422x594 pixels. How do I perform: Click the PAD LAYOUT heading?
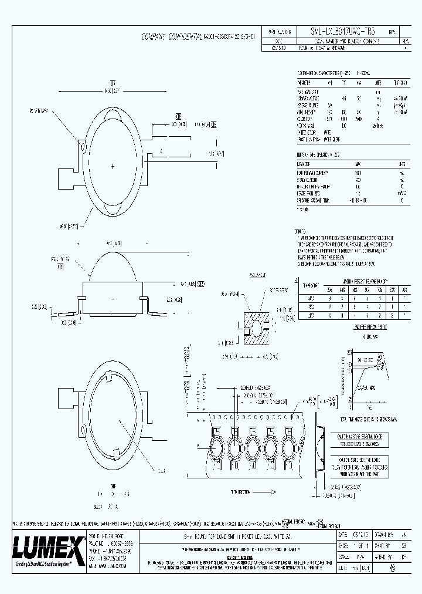[257, 274]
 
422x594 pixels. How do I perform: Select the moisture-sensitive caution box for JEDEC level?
[362, 440]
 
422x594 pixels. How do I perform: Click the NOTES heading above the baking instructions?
[300, 231]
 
